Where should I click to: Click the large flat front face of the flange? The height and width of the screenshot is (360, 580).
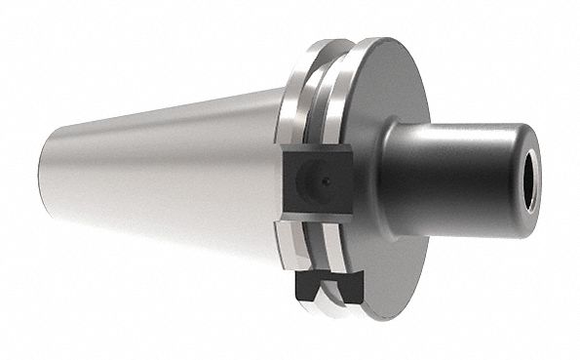coord(390,234)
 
